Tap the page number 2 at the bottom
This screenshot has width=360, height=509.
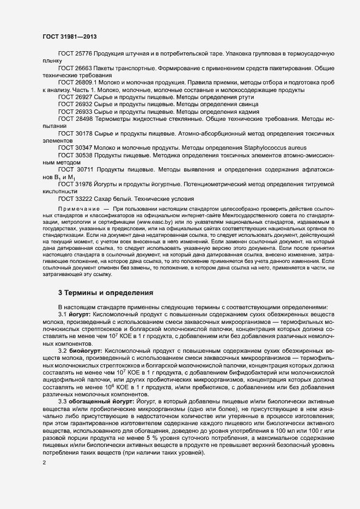pyautogui.click(x=44, y=463)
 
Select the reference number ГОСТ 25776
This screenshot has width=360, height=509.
pyautogui.click(x=75, y=56)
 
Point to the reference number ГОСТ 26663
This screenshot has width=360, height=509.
pyautogui.click(x=75, y=69)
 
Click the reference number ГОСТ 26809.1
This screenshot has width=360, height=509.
pyautogui.click(x=77, y=82)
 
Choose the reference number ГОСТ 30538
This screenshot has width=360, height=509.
pyautogui.click(x=75, y=155)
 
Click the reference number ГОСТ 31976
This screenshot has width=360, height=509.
pyautogui.click(x=75, y=185)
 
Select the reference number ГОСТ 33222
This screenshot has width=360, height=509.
pyautogui.click(x=75, y=199)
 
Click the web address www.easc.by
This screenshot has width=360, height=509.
pyautogui.click(x=155, y=222)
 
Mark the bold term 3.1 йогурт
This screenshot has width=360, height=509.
pyautogui.click(x=75, y=315)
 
